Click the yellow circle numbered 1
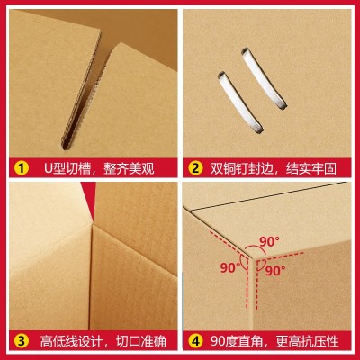click(20, 166)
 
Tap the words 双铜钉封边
click(242, 166)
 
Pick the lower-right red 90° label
click(275, 269)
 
